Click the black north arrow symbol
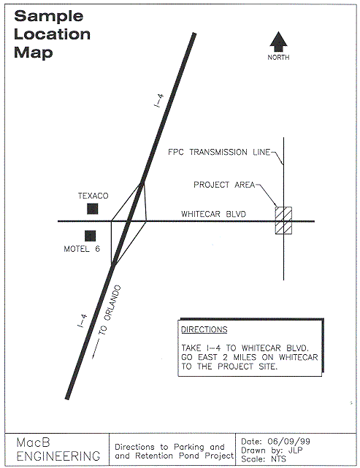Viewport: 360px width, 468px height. click(x=278, y=42)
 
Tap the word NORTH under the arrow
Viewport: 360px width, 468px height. click(x=278, y=57)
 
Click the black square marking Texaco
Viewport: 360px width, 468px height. click(x=92, y=209)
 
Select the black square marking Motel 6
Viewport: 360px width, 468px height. click(x=90, y=236)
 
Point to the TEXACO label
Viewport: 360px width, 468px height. click(x=93, y=196)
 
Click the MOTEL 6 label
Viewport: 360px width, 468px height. click(x=82, y=249)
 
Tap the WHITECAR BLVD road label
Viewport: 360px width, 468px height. click(x=213, y=214)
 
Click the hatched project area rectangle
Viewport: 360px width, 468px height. click(x=283, y=220)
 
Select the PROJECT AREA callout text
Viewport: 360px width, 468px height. click(x=224, y=185)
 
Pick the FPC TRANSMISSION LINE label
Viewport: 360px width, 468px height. click(x=219, y=152)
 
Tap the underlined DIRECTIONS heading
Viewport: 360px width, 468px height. click(x=204, y=329)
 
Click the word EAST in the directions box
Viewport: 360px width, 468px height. click(x=207, y=357)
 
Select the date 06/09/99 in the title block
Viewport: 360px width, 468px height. click(x=288, y=442)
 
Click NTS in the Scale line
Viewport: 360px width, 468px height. click(x=278, y=459)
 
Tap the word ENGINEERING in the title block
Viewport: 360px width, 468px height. click(x=58, y=456)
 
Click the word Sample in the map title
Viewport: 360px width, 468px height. click(x=49, y=16)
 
